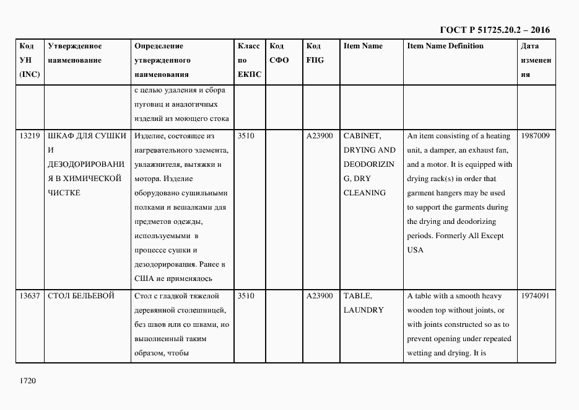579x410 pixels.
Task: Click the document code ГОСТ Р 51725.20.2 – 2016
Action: coord(494,30)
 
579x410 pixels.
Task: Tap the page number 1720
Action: coord(28,380)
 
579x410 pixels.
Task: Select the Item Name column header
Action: coord(363,47)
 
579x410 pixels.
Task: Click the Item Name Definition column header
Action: coord(445,47)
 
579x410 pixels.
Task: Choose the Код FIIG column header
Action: coord(315,53)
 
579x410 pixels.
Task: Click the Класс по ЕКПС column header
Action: coord(249,60)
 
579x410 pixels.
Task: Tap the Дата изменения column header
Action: coord(536,60)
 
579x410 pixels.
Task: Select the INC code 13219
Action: coord(30,136)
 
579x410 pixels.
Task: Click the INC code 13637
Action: coord(30,296)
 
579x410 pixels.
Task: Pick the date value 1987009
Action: coord(535,136)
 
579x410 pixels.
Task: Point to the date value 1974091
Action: coord(535,296)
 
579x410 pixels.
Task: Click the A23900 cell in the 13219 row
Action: coord(320,136)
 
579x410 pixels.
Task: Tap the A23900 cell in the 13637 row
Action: coord(320,296)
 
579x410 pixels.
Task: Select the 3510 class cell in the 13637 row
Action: coord(246,296)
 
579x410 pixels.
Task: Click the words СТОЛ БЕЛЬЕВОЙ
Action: coord(81,296)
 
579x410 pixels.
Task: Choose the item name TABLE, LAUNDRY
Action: coord(364,303)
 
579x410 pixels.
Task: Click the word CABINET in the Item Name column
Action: coord(362,136)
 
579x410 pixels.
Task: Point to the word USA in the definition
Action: coord(415,250)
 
